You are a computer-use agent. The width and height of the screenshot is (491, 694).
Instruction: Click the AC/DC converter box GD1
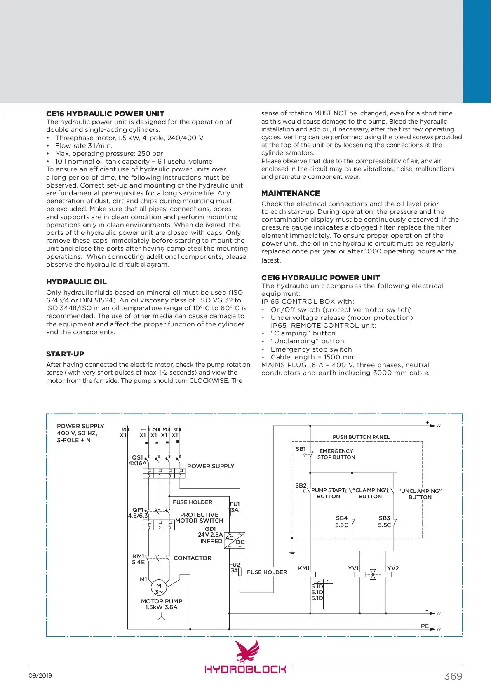click(235, 540)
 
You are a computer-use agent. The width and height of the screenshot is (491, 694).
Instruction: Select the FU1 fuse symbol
click(229, 512)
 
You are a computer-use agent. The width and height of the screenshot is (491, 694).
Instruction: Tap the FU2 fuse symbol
click(240, 571)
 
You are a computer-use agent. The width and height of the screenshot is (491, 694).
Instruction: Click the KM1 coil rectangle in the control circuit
click(310, 574)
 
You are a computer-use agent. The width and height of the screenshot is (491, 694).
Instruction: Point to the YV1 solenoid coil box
click(360, 574)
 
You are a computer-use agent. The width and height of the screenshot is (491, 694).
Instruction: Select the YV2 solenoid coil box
click(386, 574)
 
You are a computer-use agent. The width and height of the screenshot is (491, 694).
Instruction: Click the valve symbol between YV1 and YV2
click(373, 574)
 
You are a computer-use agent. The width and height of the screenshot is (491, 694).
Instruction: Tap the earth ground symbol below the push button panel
click(292, 551)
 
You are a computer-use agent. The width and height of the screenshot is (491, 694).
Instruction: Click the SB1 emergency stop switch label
click(301, 449)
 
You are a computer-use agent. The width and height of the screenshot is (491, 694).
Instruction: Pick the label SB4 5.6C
click(342, 521)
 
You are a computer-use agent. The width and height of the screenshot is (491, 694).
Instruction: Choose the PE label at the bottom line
click(425, 626)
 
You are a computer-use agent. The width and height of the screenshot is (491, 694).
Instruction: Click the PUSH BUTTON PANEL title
click(361, 437)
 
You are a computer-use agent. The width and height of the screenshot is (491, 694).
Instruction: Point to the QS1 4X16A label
click(137, 460)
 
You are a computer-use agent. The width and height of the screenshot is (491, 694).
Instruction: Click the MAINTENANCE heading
click(290, 193)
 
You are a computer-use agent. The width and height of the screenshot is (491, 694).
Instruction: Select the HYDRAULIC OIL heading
click(76, 282)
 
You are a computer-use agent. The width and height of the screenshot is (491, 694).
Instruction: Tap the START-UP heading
click(65, 354)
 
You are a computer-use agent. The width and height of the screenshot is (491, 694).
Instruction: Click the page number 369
click(453, 676)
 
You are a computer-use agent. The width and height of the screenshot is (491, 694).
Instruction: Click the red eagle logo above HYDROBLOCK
click(247, 651)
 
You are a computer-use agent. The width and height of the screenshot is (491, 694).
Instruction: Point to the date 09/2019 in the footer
click(40, 675)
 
